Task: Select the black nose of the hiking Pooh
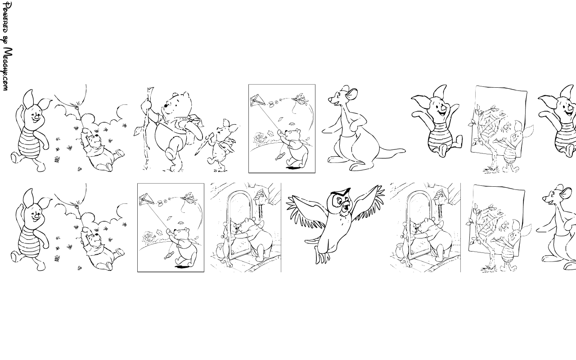click(166, 105)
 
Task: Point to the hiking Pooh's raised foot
click(170, 154)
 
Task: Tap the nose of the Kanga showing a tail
click(329, 99)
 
